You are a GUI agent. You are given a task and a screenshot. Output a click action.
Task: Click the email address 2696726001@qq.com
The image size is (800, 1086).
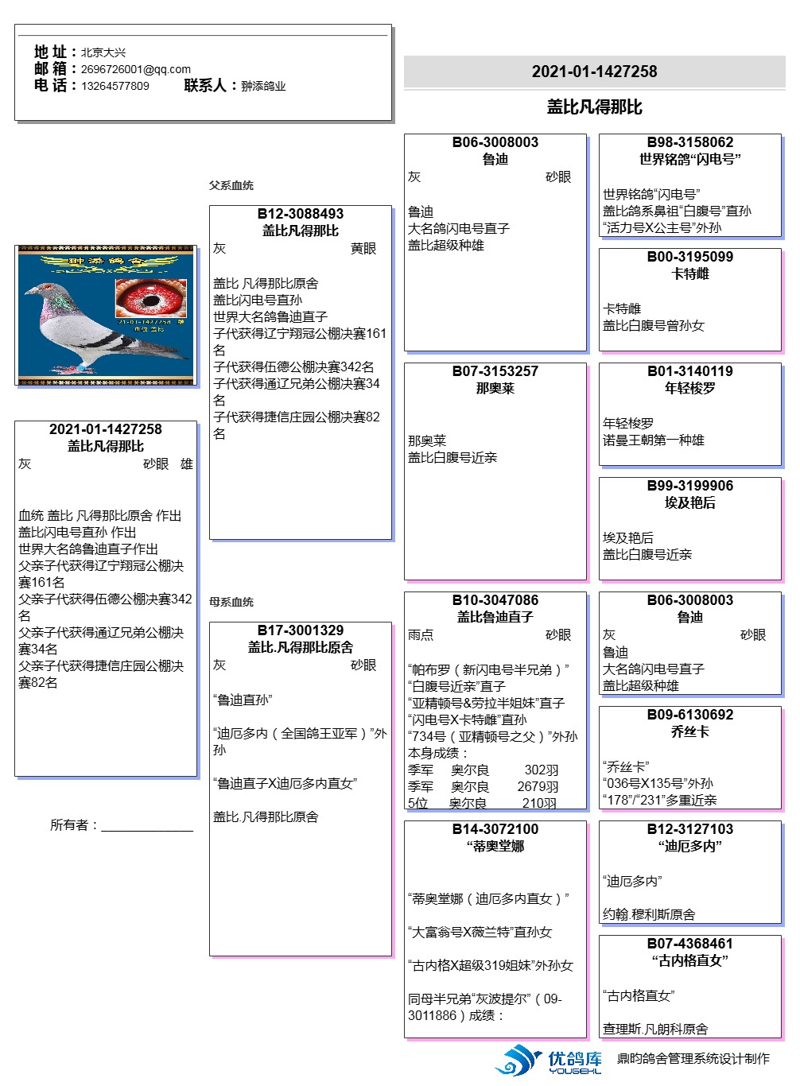(x=135, y=69)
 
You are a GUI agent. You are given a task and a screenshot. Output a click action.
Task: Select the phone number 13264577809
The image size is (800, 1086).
(x=115, y=86)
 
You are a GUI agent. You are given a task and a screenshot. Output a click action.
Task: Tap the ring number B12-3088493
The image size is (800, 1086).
(x=301, y=214)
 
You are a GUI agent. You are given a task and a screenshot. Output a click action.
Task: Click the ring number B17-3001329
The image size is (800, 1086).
(x=301, y=630)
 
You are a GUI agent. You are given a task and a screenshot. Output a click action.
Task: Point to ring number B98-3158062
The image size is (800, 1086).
(x=690, y=142)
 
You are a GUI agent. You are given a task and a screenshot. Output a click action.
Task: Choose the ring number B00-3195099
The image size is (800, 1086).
(x=690, y=257)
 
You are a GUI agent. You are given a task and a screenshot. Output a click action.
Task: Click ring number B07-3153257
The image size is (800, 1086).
(x=495, y=371)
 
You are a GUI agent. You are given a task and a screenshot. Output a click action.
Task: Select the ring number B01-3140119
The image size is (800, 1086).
(x=690, y=371)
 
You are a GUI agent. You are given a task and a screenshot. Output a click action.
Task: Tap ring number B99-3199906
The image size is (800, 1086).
(x=690, y=486)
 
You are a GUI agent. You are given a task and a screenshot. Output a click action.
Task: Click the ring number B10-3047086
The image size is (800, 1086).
(x=495, y=600)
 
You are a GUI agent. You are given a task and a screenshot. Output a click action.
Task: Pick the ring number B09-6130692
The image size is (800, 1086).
(x=690, y=715)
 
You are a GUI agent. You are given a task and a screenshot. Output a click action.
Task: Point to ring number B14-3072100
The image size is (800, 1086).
(x=495, y=829)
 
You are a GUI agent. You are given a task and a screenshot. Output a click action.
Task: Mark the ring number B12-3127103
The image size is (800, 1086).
(x=690, y=829)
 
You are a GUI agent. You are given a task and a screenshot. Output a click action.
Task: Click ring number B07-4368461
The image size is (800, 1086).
(x=690, y=944)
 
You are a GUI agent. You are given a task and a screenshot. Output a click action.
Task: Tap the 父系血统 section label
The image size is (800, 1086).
(x=231, y=185)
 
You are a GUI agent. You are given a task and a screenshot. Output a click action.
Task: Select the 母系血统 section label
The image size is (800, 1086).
(x=231, y=602)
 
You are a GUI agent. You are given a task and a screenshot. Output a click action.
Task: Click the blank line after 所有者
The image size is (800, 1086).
(x=147, y=826)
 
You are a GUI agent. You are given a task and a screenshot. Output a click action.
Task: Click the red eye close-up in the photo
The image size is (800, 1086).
(x=151, y=297)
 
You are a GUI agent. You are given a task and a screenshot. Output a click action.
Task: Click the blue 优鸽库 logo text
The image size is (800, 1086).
(x=575, y=1059)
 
